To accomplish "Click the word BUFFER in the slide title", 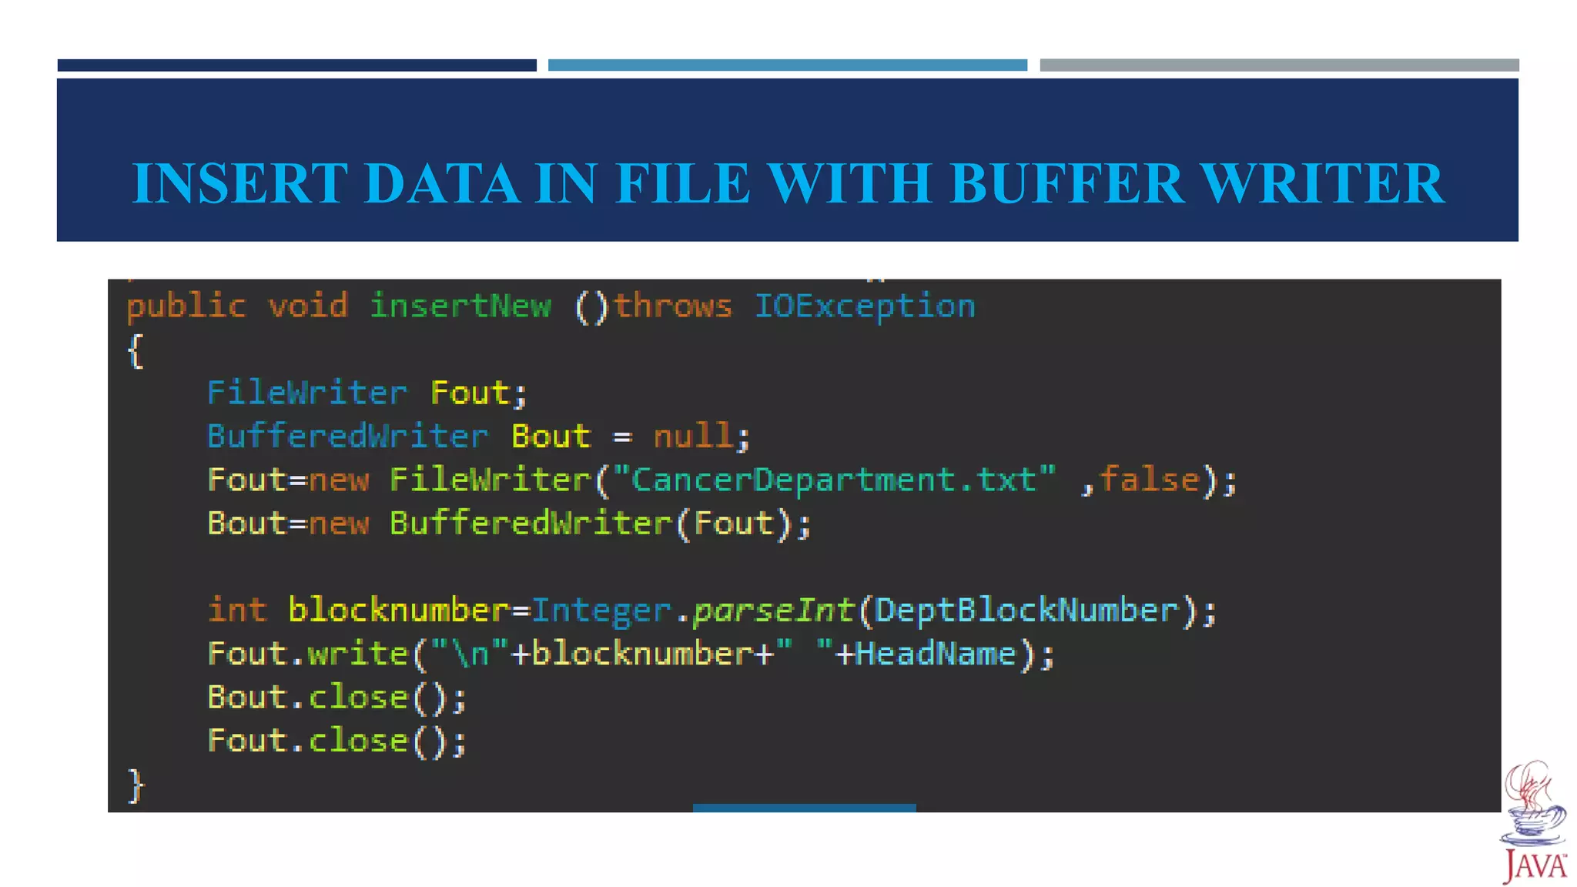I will (x=1067, y=183).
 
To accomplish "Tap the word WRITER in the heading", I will (x=1322, y=183).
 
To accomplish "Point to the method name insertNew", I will (x=460, y=306).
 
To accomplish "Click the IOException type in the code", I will (x=865, y=306).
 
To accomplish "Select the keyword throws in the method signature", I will (x=672, y=306).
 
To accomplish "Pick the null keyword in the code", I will (x=693, y=436).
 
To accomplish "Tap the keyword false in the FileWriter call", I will (x=1149, y=480).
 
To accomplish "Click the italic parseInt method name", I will (x=773, y=611).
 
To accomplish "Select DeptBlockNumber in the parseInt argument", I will (x=1026, y=611).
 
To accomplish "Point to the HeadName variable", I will (x=935, y=654).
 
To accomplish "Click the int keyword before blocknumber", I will (x=237, y=610).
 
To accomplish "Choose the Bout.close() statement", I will (x=336, y=698).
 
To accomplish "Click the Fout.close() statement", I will (x=336, y=741).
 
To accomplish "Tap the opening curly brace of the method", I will (x=136, y=351).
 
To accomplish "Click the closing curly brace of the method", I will (x=136, y=785).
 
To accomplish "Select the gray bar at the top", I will (x=1279, y=65).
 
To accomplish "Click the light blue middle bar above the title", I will (x=787, y=65).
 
